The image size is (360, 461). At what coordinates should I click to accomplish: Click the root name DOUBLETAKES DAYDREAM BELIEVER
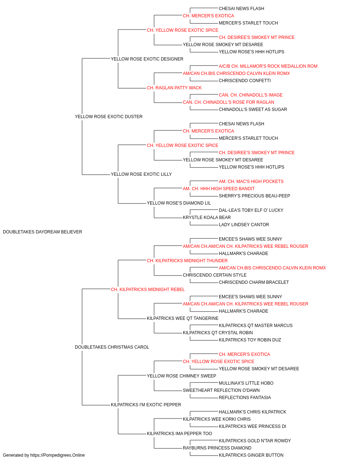point(42,232)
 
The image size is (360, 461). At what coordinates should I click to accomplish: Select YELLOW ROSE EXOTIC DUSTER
point(109,117)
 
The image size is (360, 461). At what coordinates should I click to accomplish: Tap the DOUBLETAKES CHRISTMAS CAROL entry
point(112,347)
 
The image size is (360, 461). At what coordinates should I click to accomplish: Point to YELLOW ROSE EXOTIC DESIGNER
point(147,59)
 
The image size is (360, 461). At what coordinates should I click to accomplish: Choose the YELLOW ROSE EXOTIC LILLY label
point(141,174)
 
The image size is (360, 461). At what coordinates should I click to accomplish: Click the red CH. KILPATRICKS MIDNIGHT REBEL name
point(148,290)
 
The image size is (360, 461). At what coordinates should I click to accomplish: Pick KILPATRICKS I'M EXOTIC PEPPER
point(146,405)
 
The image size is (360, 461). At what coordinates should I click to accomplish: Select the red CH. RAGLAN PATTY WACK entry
point(174,88)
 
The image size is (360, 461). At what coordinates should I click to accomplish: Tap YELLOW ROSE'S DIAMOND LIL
point(179,203)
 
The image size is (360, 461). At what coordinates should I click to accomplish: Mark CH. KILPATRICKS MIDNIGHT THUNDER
point(187,261)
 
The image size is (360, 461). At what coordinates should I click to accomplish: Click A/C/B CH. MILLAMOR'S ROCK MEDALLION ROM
point(268,66)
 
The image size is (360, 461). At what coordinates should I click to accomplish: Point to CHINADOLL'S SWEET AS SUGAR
point(253,109)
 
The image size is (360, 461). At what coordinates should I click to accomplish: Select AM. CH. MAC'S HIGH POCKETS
point(251,182)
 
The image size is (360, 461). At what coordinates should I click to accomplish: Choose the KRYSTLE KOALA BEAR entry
point(207,218)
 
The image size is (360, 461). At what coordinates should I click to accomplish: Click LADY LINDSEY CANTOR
point(244,225)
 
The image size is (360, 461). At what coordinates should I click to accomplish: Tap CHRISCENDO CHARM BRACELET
point(254,282)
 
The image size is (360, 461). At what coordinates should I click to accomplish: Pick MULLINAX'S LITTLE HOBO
point(246,383)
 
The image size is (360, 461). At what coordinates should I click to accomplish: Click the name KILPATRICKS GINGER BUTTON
point(251,455)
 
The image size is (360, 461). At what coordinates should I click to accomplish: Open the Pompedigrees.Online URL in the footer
point(57,455)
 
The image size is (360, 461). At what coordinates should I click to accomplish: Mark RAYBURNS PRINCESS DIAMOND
point(217,448)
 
